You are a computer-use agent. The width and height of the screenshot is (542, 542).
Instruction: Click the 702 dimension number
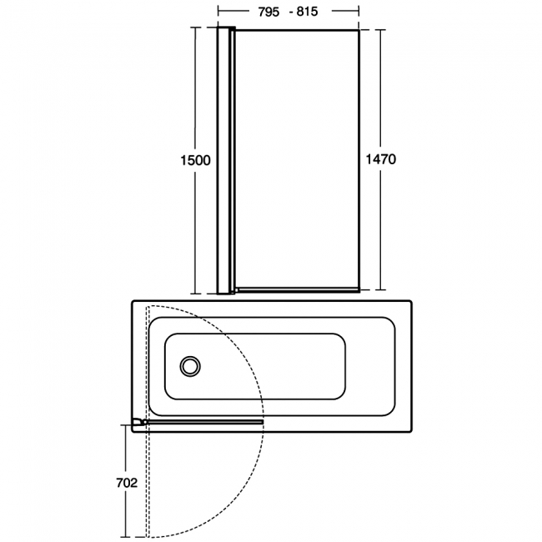coord(125,483)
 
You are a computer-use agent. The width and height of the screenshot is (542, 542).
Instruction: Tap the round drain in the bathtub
coord(191,366)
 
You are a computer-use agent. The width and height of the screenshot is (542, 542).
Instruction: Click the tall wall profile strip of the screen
coord(223,158)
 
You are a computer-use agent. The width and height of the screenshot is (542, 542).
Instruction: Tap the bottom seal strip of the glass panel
coord(296,289)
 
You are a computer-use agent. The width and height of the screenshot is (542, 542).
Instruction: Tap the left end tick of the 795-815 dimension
coord(218,12)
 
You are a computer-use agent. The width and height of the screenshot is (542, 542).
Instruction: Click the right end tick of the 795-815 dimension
coord(359,12)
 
